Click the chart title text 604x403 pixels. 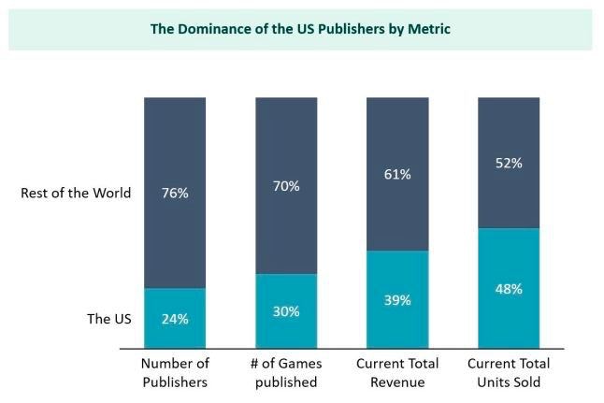tap(300, 29)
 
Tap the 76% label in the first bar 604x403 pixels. tap(175, 194)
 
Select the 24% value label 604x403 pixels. tap(175, 318)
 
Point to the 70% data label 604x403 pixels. tap(286, 186)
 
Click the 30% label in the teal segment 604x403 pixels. tap(286, 311)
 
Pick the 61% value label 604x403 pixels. tap(397, 174)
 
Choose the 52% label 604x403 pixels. tap(509, 163)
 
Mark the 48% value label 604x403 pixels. tap(509, 289)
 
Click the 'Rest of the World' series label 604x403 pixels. tap(76, 194)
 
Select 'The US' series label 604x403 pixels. tap(108, 319)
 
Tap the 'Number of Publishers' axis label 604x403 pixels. tap(175, 372)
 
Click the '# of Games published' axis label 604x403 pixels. tap(286, 372)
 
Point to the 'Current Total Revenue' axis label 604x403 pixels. tap(397, 372)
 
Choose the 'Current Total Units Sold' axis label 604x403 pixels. tap(509, 372)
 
